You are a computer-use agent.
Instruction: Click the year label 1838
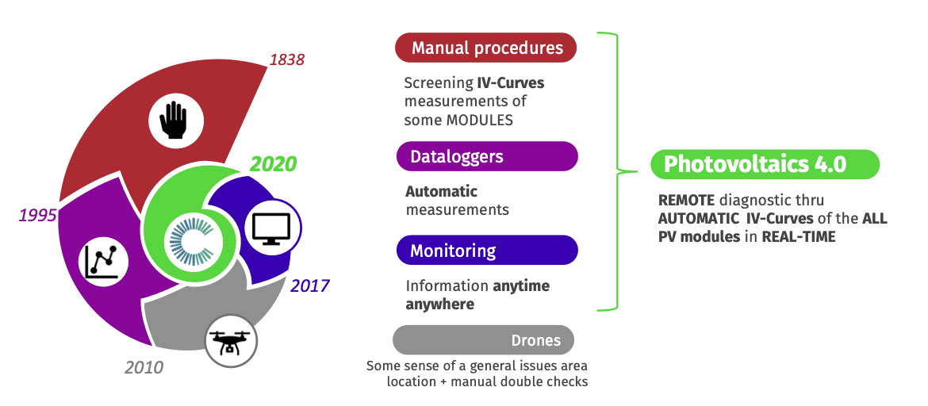[x=287, y=59]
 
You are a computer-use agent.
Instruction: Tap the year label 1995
[x=37, y=215]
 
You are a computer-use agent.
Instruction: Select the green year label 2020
[x=274, y=164]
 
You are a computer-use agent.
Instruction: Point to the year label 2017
[x=309, y=285]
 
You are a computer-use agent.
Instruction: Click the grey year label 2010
[x=144, y=367]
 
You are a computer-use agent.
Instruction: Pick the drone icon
[x=232, y=343]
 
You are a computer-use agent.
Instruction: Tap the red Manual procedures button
[x=485, y=48]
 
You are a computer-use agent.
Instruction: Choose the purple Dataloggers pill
[x=485, y=156]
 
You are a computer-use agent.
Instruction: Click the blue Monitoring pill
[x=485, y=251]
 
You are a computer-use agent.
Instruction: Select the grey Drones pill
[x=483, y=341]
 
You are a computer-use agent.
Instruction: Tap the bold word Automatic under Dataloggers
[x=441, y=191]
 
